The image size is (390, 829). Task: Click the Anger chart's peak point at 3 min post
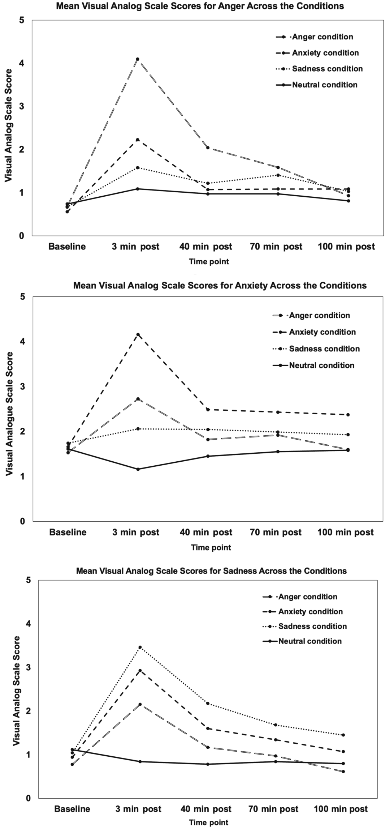pos(138,59)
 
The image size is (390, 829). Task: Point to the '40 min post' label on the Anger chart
pos(206,247)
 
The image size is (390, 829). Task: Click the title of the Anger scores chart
pos(199,6)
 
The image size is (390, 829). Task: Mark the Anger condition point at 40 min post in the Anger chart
pos(208,148)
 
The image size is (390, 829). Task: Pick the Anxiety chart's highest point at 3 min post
pos(138,334)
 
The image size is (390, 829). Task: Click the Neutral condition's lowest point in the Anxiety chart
pos(138,469)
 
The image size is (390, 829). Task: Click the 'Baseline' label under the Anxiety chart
pos(68,533)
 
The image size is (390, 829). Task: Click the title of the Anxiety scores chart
pos(220,286)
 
